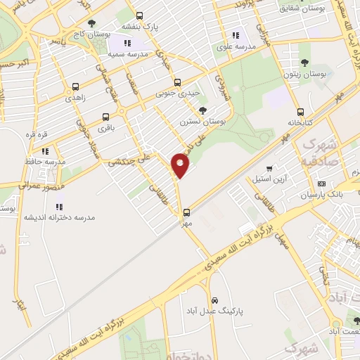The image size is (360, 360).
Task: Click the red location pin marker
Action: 181,165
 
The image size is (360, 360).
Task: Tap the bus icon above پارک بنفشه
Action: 139,15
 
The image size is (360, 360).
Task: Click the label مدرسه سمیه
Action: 128,54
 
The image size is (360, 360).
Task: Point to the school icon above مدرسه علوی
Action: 236,34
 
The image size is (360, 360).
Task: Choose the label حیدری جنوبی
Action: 177,92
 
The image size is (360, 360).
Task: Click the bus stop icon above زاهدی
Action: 75,87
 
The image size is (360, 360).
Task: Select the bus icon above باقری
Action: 105,117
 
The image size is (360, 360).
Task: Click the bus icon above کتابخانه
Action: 301,111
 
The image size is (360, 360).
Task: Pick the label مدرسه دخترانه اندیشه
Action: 59,217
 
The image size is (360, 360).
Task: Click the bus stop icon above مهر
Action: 186,212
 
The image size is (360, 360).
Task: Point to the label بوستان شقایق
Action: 303,8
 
